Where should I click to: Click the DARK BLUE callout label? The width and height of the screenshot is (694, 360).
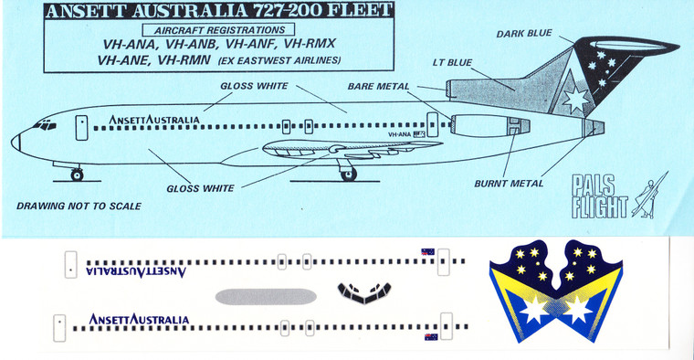click(x=523, y=34)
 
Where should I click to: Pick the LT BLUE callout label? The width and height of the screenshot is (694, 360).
click(x=452, y=64)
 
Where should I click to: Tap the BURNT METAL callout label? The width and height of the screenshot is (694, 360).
click(x=509, y=183)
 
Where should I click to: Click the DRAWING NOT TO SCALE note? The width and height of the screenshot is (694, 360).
click(x=79, y=206)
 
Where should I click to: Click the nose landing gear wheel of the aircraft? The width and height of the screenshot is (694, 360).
click(x=77, y=174)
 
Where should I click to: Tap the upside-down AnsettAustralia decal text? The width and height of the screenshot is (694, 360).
click(x=136, y=270)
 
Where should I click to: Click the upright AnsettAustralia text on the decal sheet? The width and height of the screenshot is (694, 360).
click(x=139, y=319)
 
